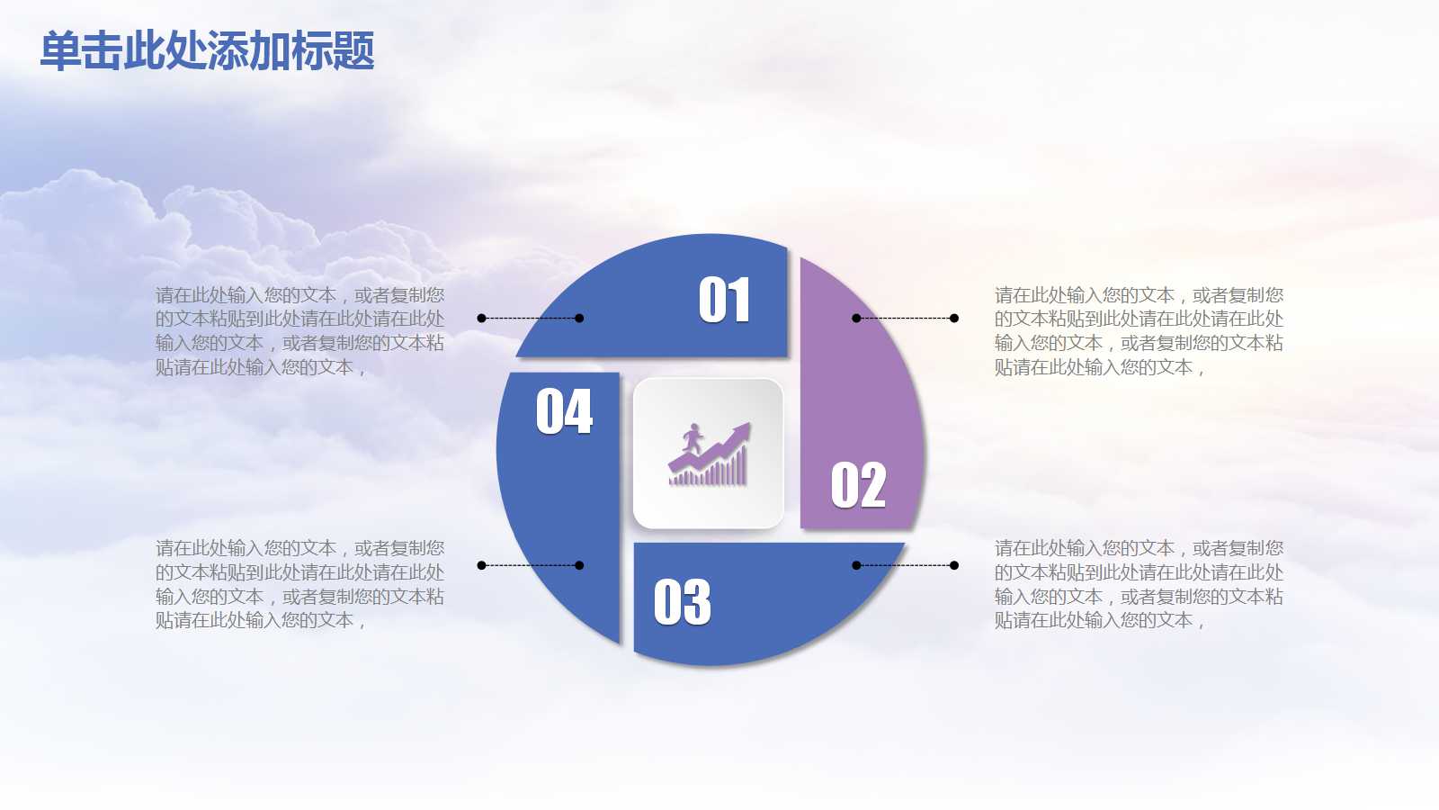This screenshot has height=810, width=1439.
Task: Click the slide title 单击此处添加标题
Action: (207, 51)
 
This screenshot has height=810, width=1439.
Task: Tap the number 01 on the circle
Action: (724, 300)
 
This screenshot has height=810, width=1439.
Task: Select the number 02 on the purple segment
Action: (858, 486)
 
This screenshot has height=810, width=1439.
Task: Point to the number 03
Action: (682, 602)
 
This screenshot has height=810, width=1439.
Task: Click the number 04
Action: (564, 412)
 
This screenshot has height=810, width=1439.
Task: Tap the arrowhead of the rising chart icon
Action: (741, 432)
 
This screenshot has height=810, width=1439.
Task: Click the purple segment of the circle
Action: (863, 396)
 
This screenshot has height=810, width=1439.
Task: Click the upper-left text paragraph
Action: (299, 331)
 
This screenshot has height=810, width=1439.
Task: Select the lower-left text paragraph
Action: (299, 584)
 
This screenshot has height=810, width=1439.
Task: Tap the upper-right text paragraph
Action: (1139, 331)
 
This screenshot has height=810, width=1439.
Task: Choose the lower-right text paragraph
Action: (1139, 584)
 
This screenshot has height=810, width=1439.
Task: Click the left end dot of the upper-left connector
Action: (481, 318)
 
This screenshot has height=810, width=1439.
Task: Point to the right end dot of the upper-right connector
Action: (954, 318)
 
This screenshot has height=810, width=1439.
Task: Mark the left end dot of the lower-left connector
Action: (481, 565)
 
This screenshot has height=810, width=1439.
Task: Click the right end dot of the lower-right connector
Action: (954, 565)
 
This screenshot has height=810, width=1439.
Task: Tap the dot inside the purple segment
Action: (856, 318)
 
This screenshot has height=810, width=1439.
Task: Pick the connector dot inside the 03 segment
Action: (856, 565)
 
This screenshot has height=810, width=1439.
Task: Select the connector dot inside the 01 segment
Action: (579, 318)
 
